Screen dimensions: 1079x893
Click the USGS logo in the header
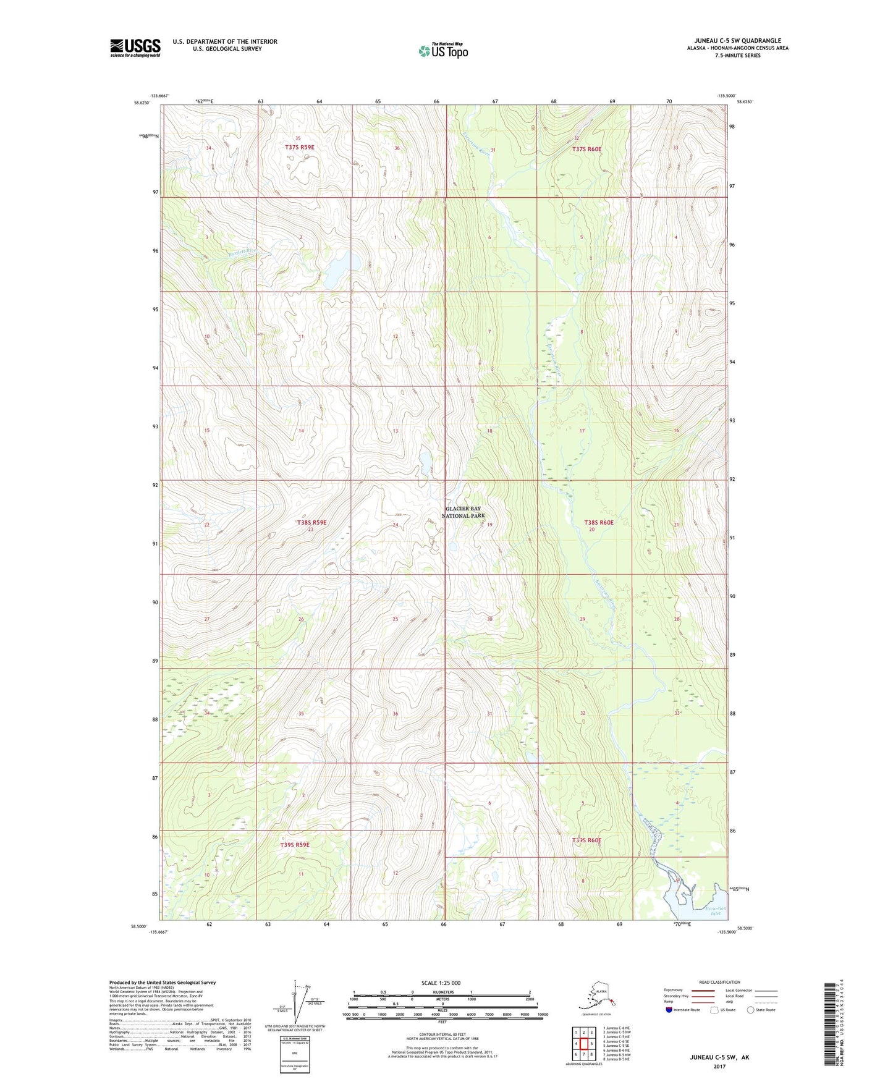(135, 48)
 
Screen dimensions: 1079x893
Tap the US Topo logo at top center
(443, 51)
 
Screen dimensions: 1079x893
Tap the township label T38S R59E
(311, 523)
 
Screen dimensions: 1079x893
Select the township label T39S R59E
(294, 845)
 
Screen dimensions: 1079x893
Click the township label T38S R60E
(599, 522)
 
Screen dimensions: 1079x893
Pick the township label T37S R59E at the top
(300, 147)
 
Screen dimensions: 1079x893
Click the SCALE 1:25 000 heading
(441, 983)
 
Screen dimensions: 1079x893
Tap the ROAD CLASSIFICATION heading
(719, 982)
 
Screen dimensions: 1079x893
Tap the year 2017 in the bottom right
(719, 1066)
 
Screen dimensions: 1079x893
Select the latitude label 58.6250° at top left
(142, 103)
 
